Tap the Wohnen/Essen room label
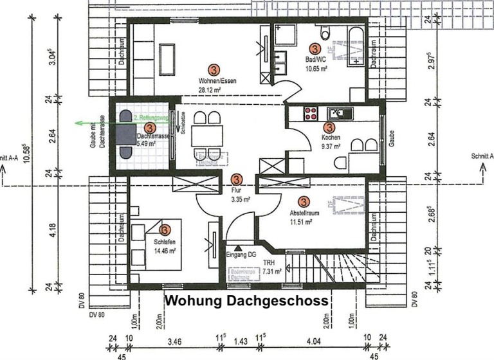[x=216, y=82]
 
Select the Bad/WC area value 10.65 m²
[x=316, y=67]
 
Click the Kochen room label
[x=331, y=138]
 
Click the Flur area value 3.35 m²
[x=241, y=200]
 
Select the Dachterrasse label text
[x=154, y=136]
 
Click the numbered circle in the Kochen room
[x=330, y=128]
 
